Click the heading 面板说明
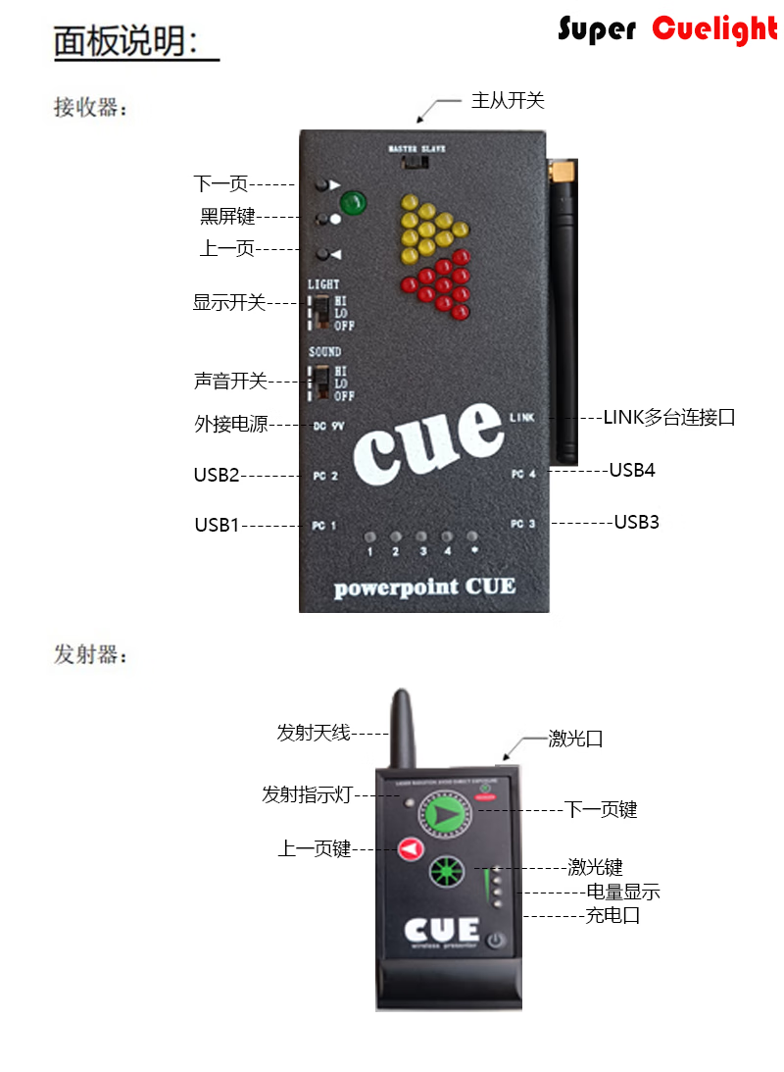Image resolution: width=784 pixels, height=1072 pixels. coord(125,42)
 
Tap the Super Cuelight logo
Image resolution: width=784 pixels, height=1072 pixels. coord(667,29)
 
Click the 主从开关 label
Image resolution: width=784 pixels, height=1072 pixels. coord(507,100)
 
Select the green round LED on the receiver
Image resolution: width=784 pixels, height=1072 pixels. coord(353,204)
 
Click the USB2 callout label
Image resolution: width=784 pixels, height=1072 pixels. coord(217,476)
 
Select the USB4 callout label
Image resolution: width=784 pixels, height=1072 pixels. coord(632,470)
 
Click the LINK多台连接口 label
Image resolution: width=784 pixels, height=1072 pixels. coord(668,418)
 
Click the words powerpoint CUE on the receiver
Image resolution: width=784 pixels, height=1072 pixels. coord(424,587)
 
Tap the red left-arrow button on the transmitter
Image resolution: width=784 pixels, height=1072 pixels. coord(411,848)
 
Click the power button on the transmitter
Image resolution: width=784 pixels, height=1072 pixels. coord(496,940)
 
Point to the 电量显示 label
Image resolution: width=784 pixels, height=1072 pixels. coord(622,893)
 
